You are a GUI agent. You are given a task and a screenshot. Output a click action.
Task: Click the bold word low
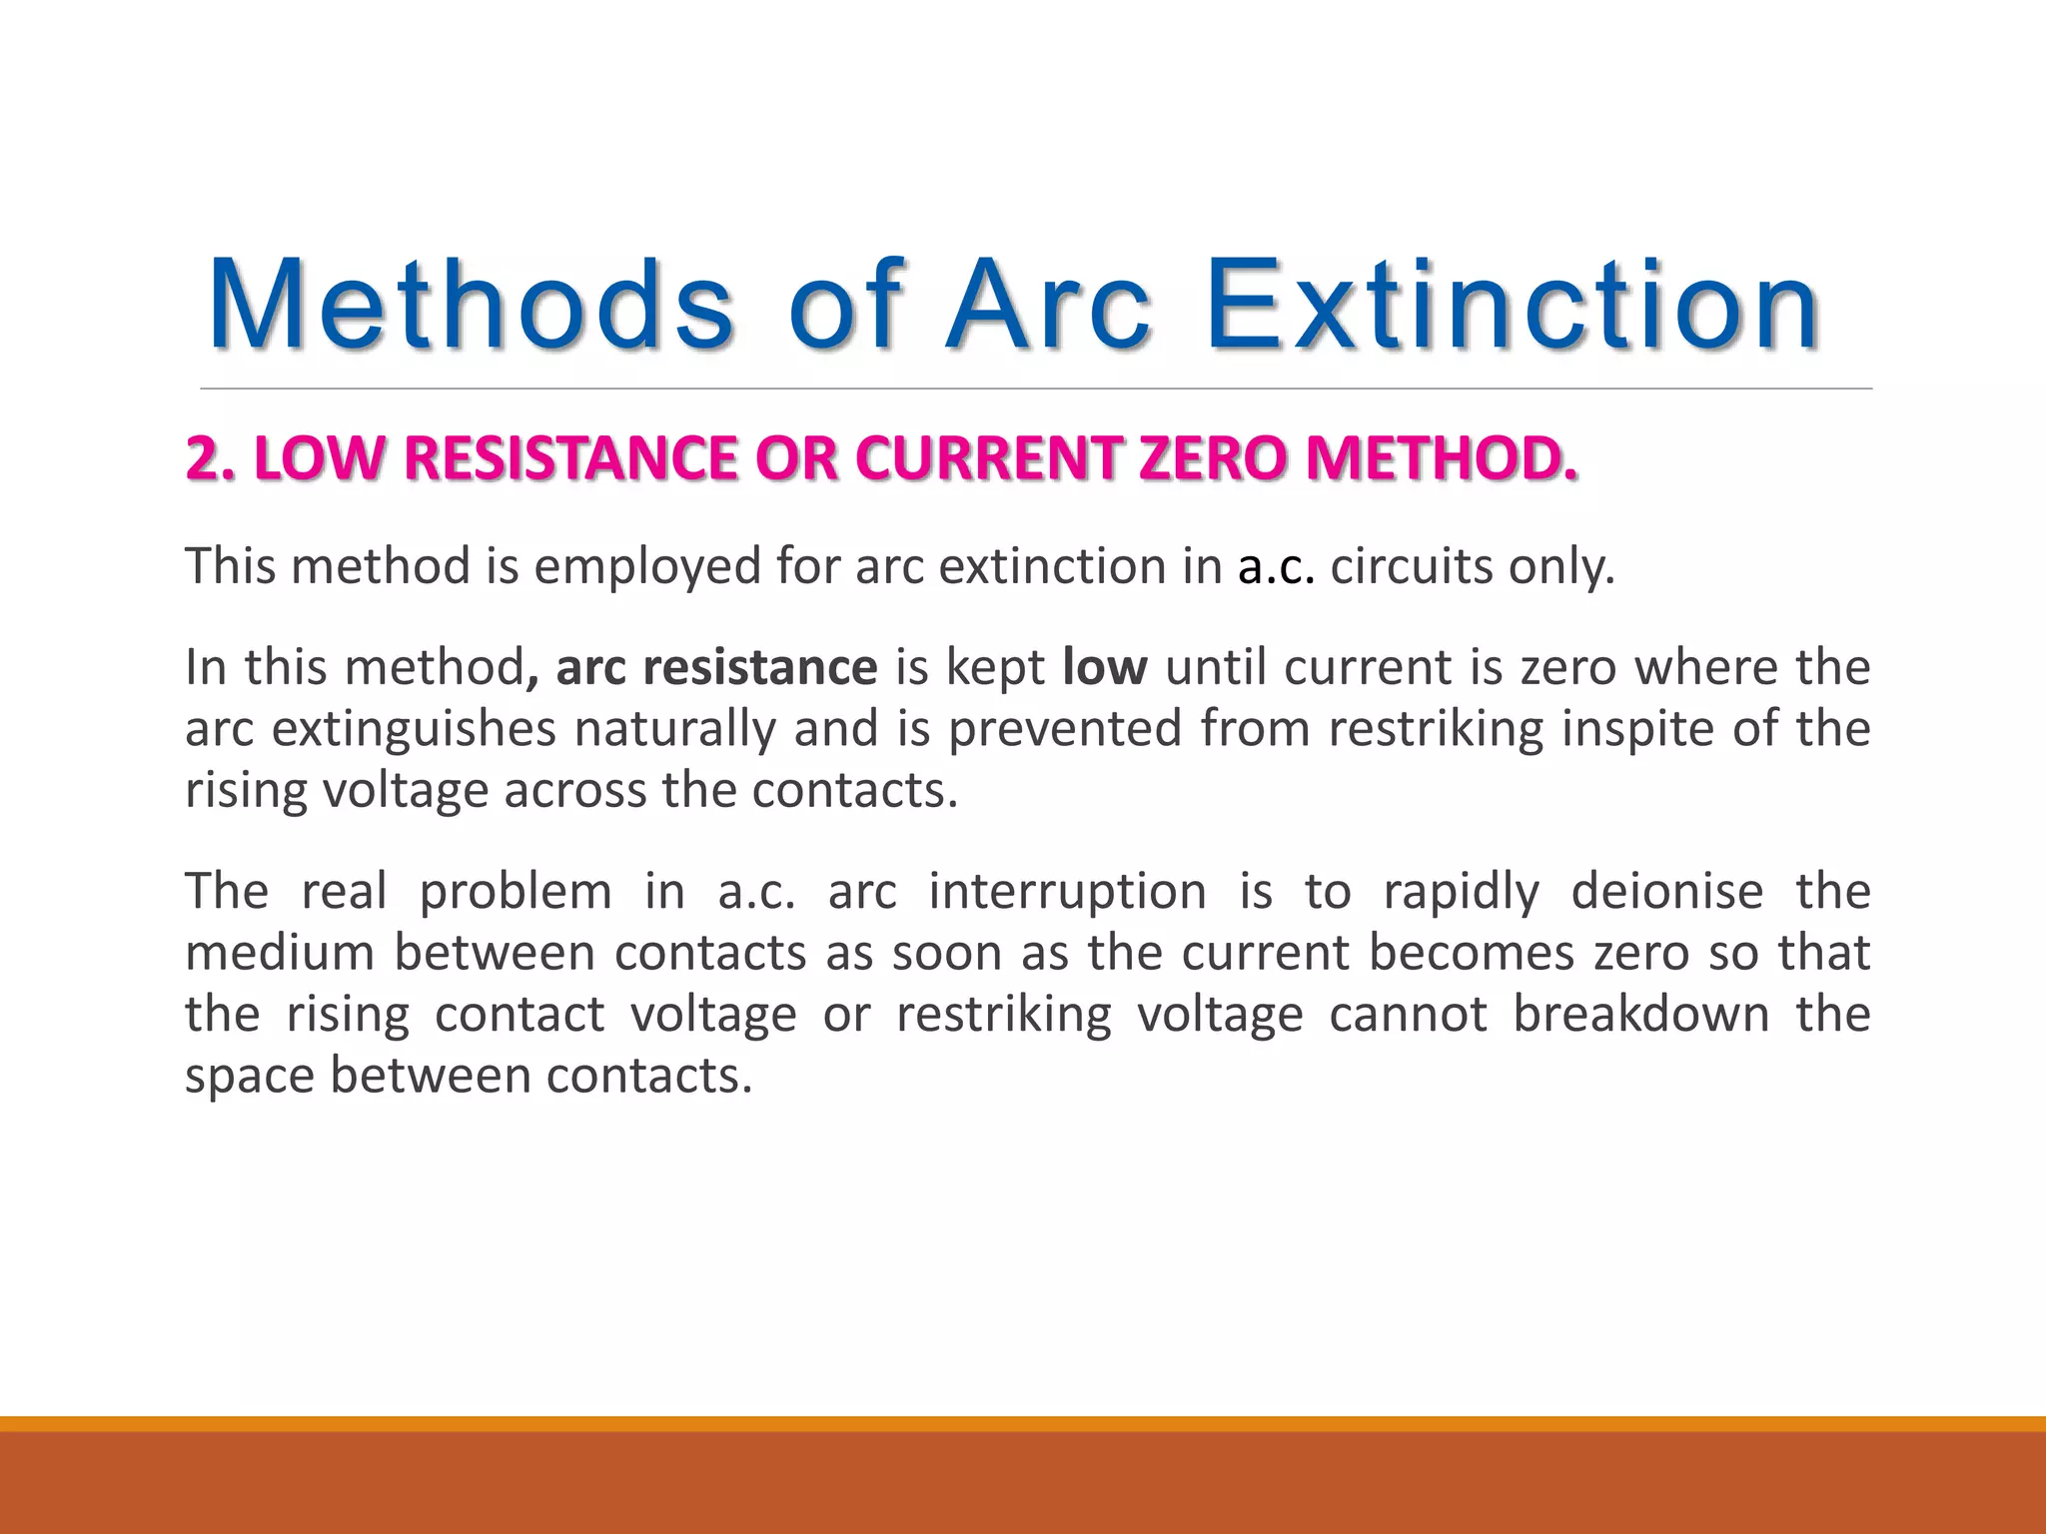(1105, 667)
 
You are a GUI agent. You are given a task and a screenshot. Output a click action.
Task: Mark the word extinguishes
(414, 729)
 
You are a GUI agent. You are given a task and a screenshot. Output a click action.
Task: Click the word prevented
(1065, 728)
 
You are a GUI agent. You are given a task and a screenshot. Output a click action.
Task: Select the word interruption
(1067, 891)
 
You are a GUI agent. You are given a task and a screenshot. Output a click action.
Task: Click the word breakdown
(1640, 1014)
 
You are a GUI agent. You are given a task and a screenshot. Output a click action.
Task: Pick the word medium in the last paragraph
(280, 953)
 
